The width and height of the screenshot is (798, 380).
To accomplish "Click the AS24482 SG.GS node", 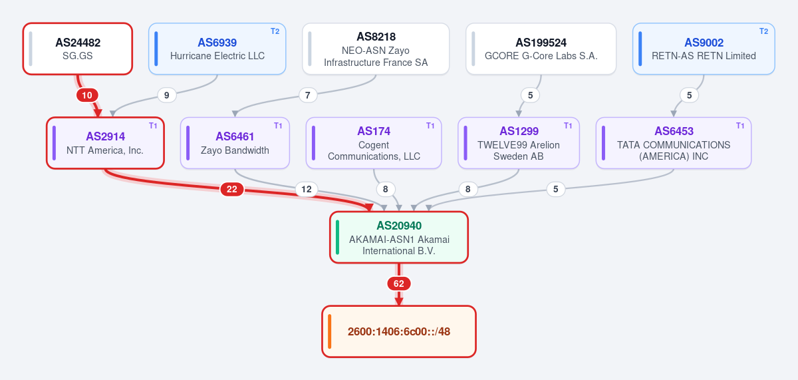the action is [78, 49].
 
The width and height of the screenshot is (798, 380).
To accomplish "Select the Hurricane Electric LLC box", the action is [217, 49].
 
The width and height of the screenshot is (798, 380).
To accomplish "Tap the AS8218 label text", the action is [376, 37].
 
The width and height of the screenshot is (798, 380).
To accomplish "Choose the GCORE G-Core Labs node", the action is [541, 49].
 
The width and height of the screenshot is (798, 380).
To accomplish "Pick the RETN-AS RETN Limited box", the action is [704, 49].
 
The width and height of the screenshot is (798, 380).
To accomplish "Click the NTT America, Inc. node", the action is [105, 143].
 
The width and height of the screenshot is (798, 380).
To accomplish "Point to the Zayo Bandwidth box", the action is [235, 143].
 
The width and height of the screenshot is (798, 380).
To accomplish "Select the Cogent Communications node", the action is [374, 143].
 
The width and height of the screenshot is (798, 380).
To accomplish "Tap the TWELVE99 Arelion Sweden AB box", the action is [519, 143].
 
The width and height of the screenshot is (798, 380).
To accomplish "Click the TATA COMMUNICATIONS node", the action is [674, 143].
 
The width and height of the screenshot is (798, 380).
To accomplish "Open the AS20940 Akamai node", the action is [399, 238].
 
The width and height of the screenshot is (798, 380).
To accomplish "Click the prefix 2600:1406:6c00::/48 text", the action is [399, 331].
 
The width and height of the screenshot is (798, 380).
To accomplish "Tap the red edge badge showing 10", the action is [87, 95].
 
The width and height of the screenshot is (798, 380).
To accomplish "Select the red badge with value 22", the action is [232, 189].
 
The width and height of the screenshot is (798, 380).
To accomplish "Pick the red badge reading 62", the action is [398, 284].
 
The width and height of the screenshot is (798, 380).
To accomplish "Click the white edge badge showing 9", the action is [166, 95].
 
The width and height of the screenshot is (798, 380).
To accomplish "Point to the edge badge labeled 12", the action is [307, 189].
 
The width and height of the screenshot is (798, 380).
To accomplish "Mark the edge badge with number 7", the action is [307, 95].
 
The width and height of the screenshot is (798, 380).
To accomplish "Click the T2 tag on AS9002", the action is [763, 31].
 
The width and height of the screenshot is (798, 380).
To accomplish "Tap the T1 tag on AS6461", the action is [278, 126].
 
